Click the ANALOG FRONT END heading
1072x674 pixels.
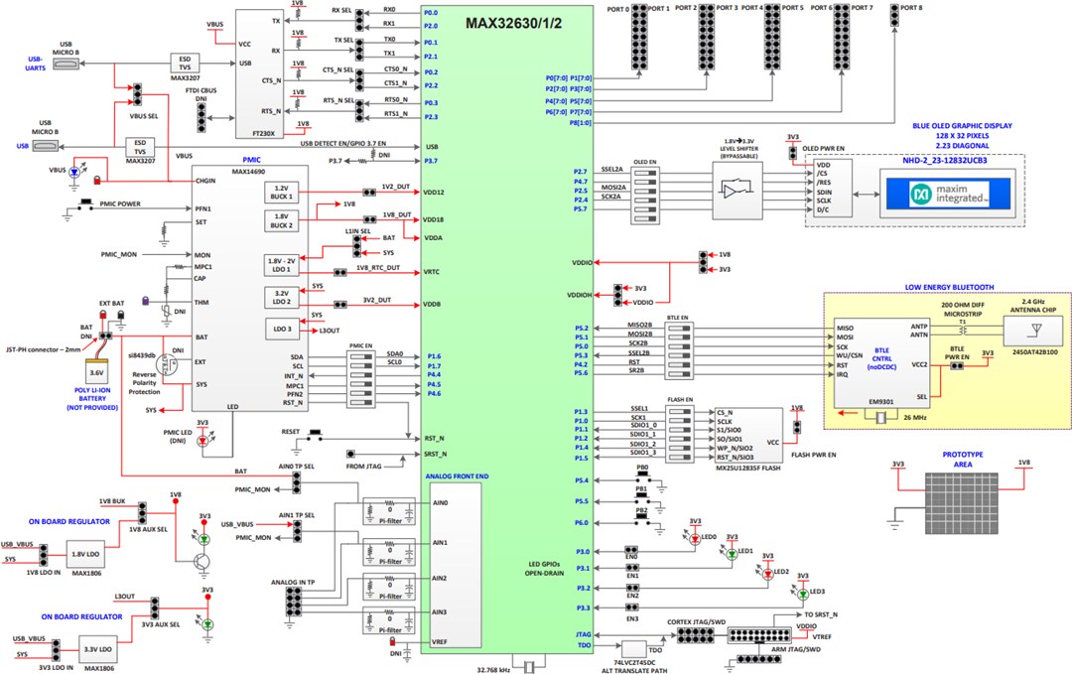pyautogui.click(x=458, y=476)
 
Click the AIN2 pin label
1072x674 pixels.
pyautogui.click(x=440, y=578)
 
